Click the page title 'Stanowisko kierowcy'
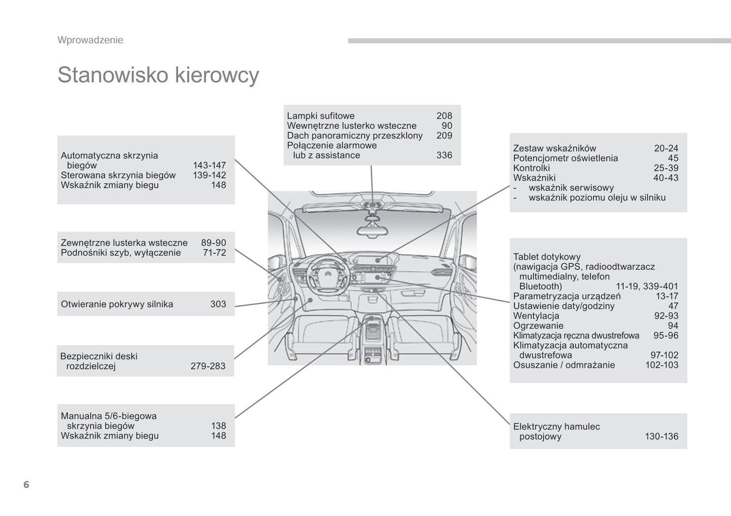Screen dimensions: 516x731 (158, 75)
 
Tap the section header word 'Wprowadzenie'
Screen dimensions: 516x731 (90, 40)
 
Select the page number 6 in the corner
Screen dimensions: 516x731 (26, 485)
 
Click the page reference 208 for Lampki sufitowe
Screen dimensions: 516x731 (444, 116)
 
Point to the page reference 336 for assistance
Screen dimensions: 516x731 (444, 155)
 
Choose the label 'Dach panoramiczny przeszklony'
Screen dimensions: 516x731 (355, 136)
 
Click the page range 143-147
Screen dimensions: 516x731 (209, 166)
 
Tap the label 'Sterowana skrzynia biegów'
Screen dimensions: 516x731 (118, 175)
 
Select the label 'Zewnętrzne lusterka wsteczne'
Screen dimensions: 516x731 (124, 243)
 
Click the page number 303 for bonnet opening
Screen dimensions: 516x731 (218, 304)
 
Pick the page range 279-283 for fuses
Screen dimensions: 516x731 (208, 366)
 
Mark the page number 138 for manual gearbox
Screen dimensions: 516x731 (218, 426)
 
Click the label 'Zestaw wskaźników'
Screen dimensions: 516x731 (554, 148)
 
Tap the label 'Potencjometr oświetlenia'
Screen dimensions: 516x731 (565, 158)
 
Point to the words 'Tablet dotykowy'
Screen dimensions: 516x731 (547, 257)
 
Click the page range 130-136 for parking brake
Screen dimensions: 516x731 (661, 436)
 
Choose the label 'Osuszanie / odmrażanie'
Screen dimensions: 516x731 (564, 365)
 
